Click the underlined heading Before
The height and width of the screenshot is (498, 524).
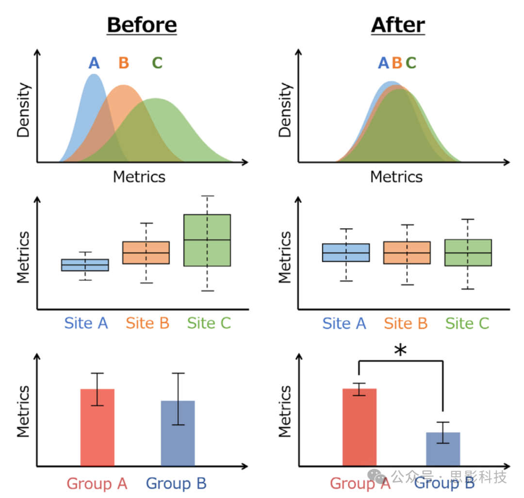[142, 25]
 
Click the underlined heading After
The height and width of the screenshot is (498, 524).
[398, 25]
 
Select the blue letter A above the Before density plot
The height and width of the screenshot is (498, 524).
[94, 63]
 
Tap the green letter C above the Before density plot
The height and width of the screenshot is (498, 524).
[157, 63]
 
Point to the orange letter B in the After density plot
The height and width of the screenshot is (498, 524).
[397, 63]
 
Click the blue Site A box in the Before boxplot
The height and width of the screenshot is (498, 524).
[85, 265]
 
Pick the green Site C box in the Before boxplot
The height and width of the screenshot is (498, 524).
[207, 240]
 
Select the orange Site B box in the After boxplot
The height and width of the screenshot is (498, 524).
[407, 252]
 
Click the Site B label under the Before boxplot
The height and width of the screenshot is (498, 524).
[147, 323]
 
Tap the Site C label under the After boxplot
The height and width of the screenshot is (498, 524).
[467, 323]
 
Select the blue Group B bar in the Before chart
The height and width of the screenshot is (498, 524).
[178, 433]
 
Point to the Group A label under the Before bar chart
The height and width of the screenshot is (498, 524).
[97, 483]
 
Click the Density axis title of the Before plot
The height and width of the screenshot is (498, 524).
[24, 110]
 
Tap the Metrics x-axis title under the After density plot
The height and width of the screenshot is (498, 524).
[396, 177]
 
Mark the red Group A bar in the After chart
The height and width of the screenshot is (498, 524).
[360, 427]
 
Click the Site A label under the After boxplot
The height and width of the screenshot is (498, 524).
[344, 323]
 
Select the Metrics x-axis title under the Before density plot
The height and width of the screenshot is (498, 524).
[139, 177]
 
